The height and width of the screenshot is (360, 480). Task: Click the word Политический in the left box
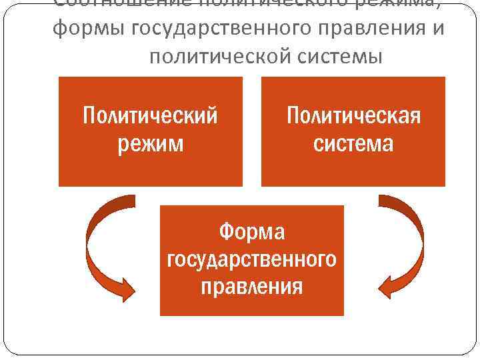[x=150, y=116]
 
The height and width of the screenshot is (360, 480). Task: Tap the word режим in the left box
[x=150, y=143]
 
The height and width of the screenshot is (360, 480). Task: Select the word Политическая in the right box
[x=353, y=116]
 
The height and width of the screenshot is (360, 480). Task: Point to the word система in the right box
[x=353, y=143]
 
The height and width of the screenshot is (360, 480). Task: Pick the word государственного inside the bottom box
[x=252, y=259]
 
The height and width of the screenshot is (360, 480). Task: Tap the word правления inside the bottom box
[x=252, y=287]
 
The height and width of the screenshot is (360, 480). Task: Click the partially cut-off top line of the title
[x=240, y=4]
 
